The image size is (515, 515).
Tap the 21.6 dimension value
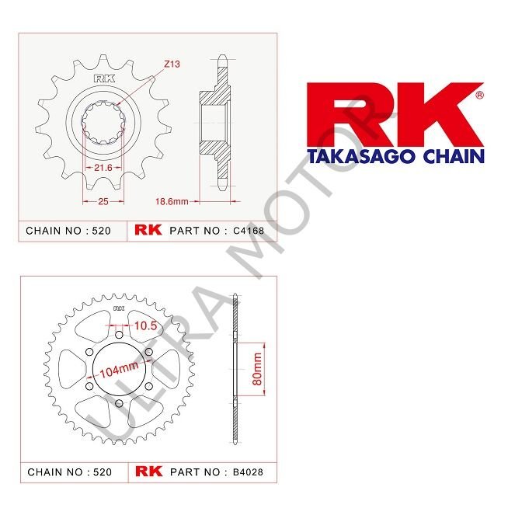[x=103, y=168]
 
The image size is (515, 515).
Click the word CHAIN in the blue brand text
[x=451, y=156]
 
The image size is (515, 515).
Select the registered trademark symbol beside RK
[x=478, y=96]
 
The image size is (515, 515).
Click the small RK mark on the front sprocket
[x=103, y=77]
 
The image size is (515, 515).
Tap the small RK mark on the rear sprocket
[x=119, y=309]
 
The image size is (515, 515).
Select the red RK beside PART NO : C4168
[x=147, y=231]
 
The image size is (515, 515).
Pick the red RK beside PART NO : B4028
[x=147, y=472]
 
